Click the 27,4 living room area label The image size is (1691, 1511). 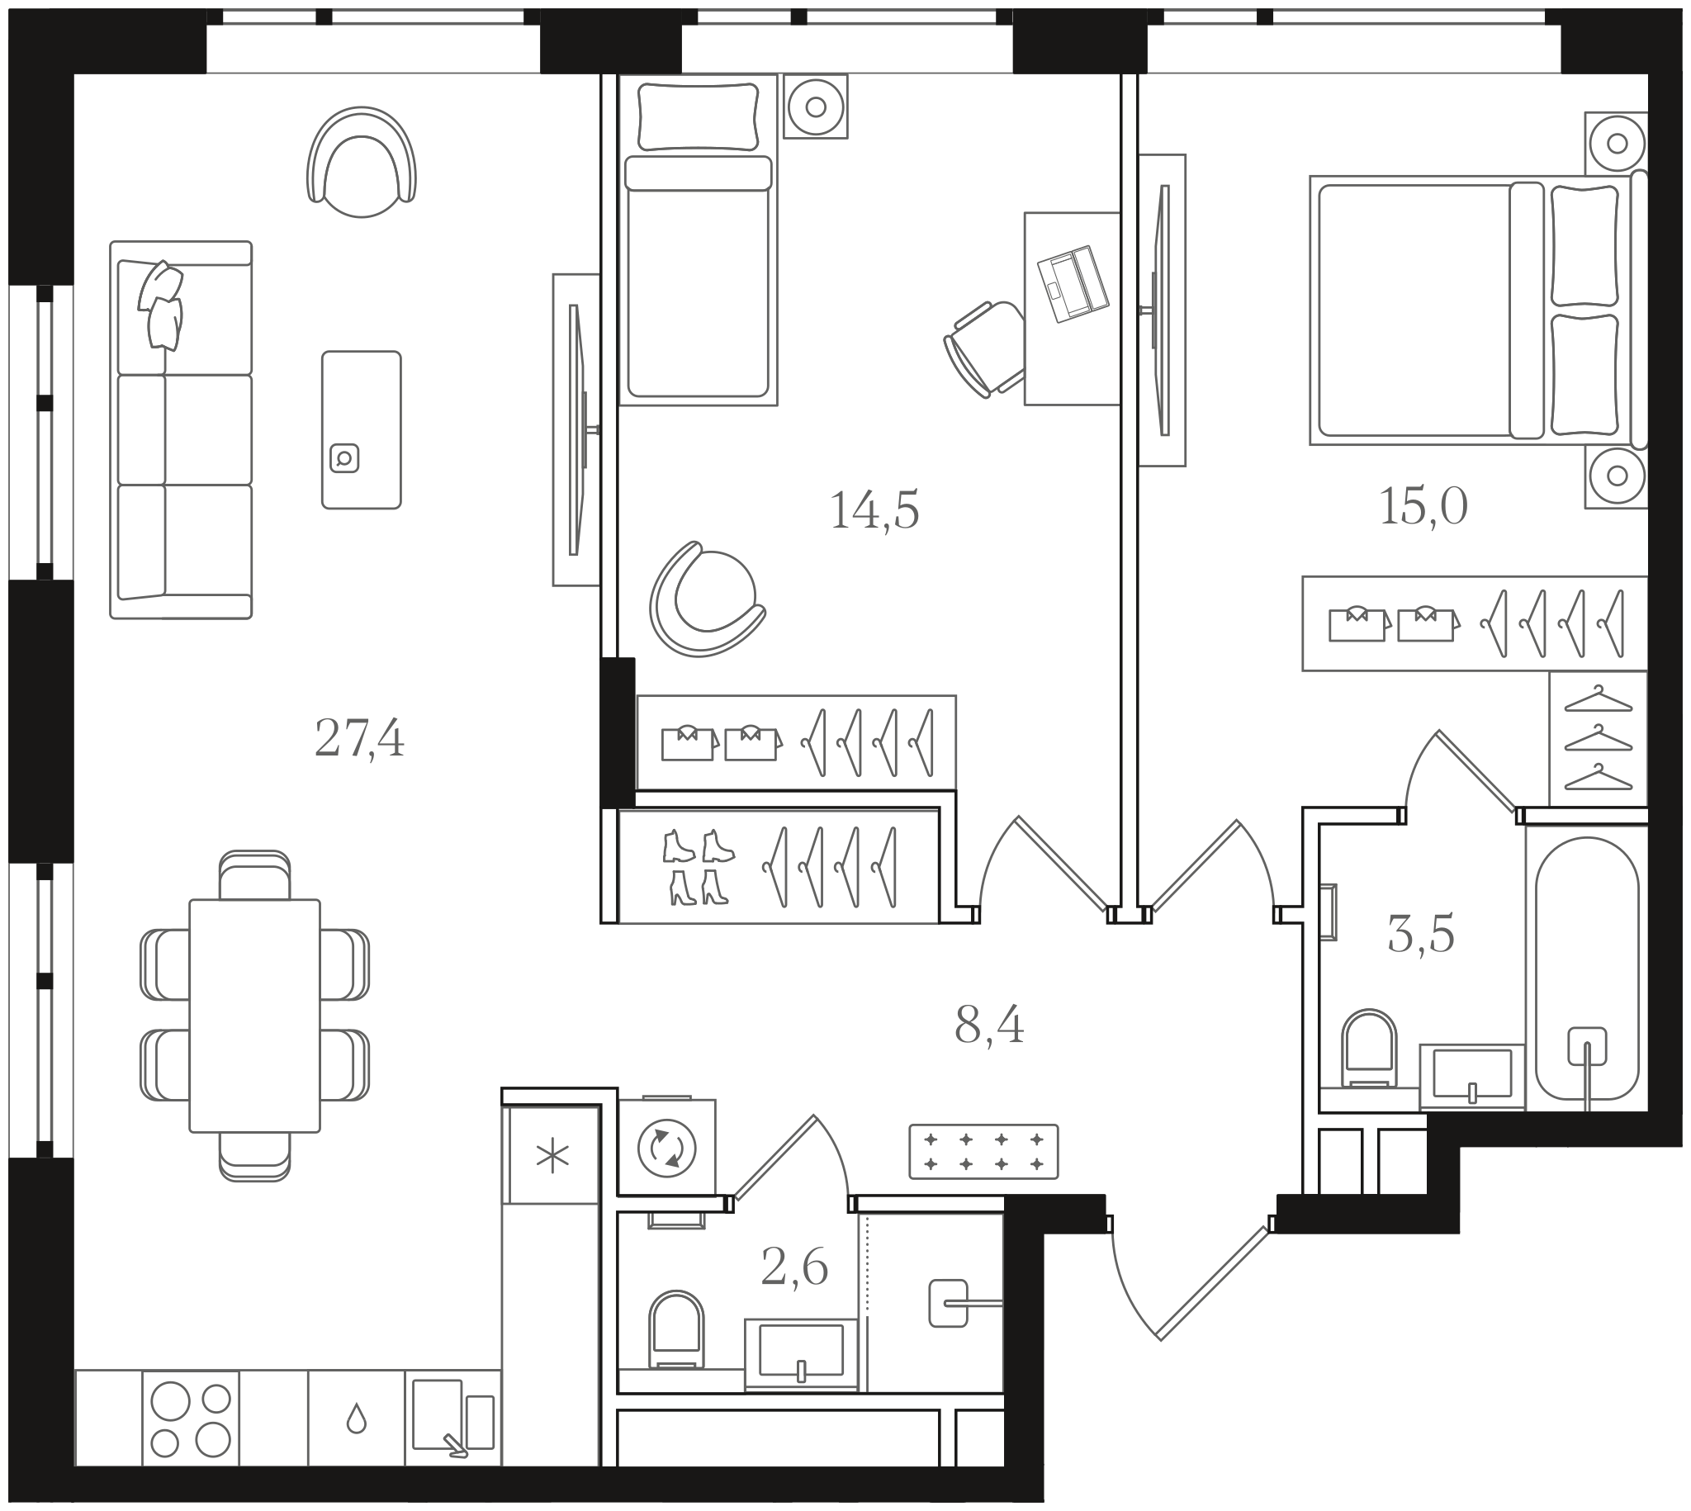pos(359,738)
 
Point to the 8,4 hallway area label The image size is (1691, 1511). pos(988,1026)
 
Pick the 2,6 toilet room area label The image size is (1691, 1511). pos(794,1267)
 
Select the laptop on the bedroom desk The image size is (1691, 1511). pos(1073,283)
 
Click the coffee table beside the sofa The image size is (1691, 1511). pos(361,429)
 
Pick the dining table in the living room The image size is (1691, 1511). pos(255,1016)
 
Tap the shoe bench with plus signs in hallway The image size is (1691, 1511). pos(983,1151)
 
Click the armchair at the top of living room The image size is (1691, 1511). pos(361,162)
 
